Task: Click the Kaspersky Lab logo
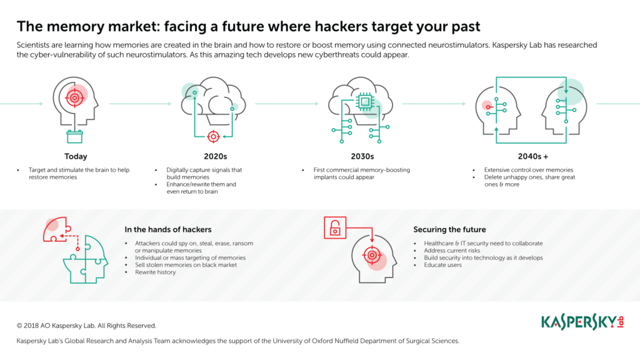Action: click(582, 322)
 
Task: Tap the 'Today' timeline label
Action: click(76, 156)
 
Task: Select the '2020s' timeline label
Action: click(216, 156)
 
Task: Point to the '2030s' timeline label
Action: click(362, 156)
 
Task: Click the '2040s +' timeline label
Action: click(533, 156)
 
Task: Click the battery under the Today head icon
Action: click(75, 136)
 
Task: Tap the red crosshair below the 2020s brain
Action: click(213, 136)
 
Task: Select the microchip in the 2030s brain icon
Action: click(365, 101)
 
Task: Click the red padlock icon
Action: click(335, 227)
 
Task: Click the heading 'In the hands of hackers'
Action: click(167, 229)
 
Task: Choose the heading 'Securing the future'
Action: click(449, 229)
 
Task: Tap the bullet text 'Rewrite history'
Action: click(156, 272)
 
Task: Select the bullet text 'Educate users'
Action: click(443, 265)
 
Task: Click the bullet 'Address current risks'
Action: click(452, 251)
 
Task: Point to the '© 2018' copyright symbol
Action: click(19, 326)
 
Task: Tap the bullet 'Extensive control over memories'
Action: click(529, 170)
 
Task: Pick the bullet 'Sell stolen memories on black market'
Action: click(186, 265)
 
